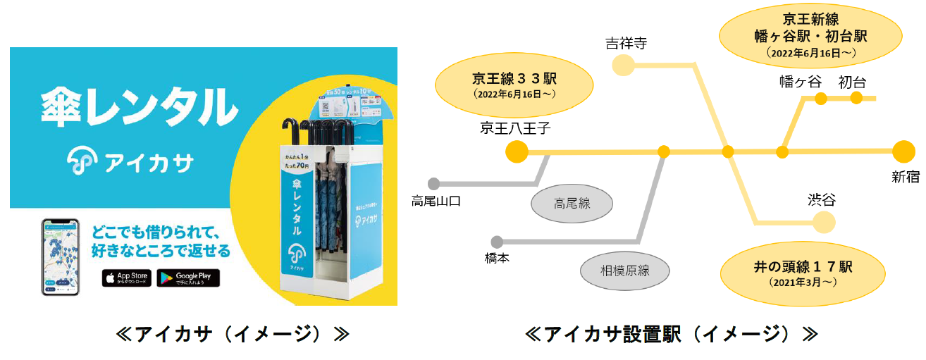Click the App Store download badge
[127, 278]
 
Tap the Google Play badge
[188, 278]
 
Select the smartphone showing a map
[61, 256]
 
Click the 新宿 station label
[906, 178]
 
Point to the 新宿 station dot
[903, 151]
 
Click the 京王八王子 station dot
[517, 151]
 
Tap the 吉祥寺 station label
[626, 44]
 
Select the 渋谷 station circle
[823, 223]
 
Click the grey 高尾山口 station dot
[433, 184]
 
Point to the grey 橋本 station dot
[497, 242]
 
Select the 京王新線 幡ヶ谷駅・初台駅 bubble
[809, 35]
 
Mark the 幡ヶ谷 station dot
[820, 99]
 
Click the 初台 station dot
[856, 98]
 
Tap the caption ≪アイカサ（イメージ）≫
[233, 333]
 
